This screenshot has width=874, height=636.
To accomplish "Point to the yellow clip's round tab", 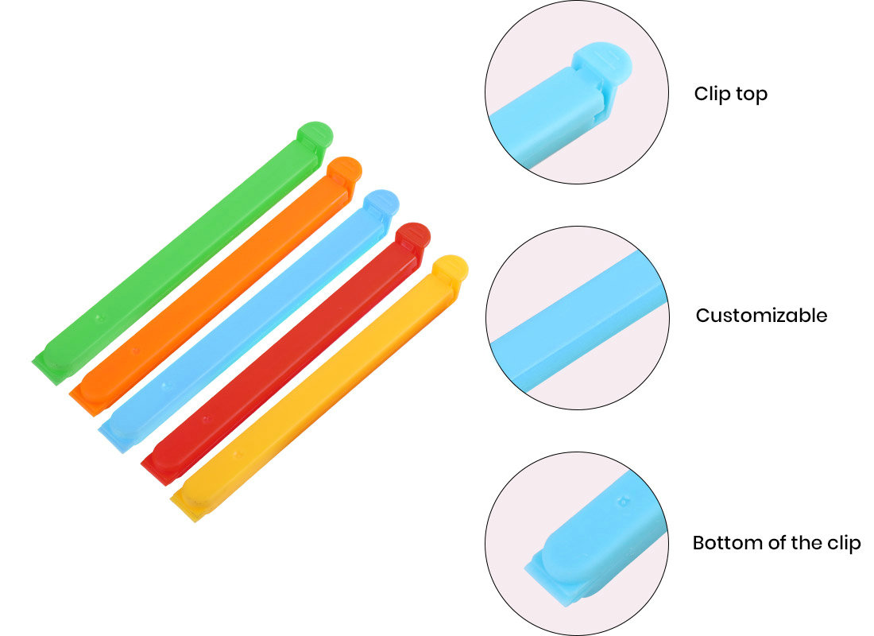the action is coord(451,269).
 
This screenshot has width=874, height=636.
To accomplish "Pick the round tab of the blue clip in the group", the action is coord(381,203).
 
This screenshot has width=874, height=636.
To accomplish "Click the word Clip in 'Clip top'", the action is coord(712,95).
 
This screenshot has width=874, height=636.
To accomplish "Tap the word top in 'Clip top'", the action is coord(752,95).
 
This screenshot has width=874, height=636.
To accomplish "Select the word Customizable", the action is coord(761,316).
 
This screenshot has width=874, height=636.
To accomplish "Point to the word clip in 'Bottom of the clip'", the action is coord(844,544).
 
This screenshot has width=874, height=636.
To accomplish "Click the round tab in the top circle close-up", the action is coord(602,62).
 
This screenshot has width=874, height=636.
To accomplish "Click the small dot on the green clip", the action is coord(100,318).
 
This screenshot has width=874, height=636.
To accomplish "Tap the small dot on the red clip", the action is coord(206,418).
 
